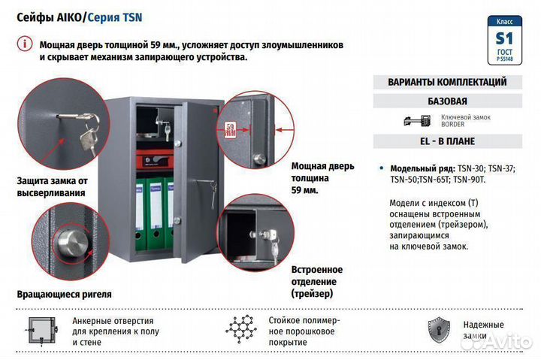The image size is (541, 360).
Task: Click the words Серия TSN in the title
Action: click(115, 16)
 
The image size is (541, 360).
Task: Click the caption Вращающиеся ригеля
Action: click(64, 294)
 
